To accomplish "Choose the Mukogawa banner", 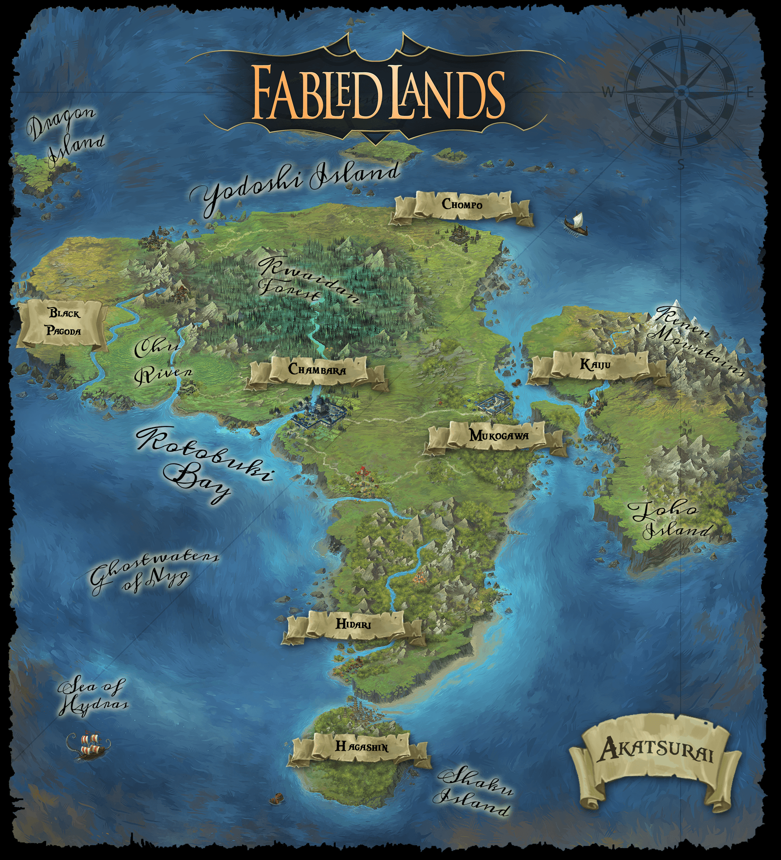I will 498,435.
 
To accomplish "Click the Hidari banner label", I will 353,624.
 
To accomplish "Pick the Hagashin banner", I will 362,746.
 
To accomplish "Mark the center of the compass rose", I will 681,92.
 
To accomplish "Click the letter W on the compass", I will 608,93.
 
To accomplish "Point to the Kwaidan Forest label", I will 305,280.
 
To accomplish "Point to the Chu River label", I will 159,361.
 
